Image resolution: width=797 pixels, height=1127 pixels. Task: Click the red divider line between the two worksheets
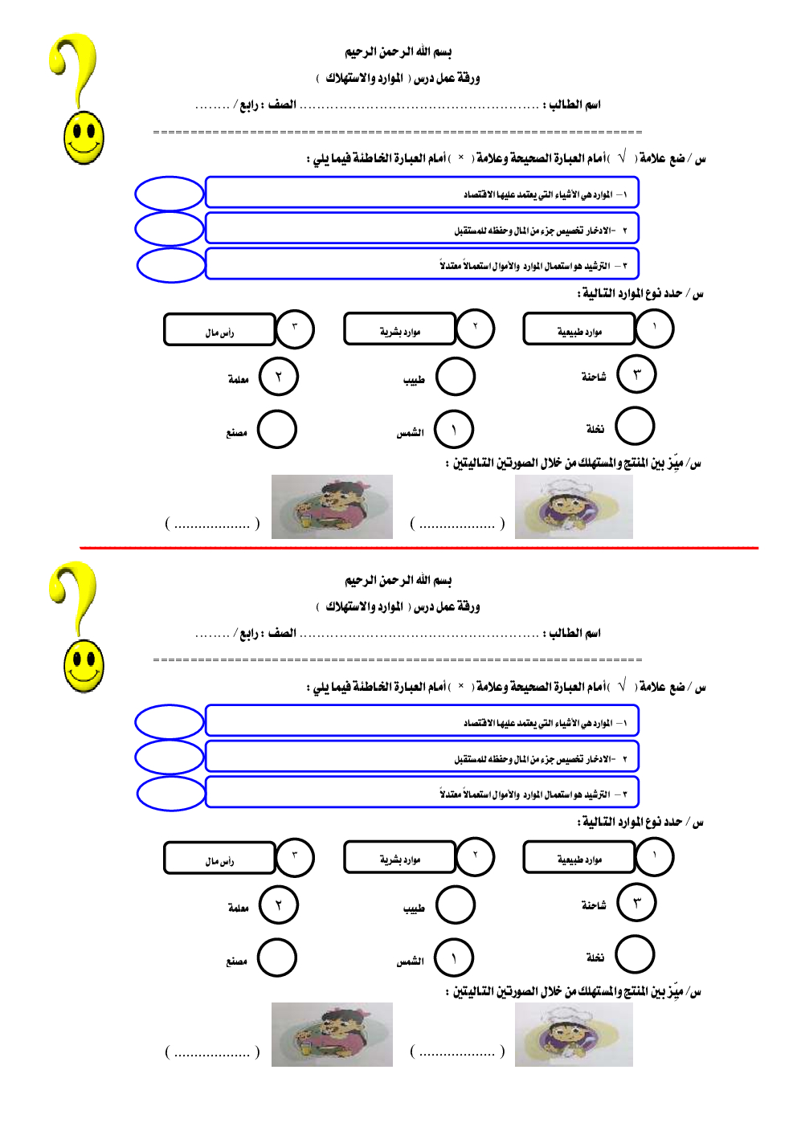click(418, 548)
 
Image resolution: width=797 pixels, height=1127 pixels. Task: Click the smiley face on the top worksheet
click(84, 137)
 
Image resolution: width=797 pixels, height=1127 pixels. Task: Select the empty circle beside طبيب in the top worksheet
click(456, 377)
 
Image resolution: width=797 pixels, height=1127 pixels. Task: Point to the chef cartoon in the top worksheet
click(573, 507)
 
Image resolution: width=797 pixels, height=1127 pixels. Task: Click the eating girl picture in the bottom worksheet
click(332, 1035)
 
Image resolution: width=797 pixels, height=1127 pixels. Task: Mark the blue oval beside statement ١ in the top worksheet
click(169, 194)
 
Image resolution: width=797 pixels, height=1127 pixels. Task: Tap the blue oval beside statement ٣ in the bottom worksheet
click(170, 794)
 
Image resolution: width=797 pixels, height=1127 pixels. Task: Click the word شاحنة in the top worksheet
click(594, 377)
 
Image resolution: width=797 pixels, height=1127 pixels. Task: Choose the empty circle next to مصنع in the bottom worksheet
click(277, 958)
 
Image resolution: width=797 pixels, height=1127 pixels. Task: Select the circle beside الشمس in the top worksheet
click(454, 430)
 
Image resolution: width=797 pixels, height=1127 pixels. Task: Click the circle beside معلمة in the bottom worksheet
click(279, 905)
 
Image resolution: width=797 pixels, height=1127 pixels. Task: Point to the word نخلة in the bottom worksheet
click(595, 958)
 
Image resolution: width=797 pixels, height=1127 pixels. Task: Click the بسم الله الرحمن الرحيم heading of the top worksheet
click(398, 52)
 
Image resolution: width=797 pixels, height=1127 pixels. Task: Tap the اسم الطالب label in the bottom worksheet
click(574, 633)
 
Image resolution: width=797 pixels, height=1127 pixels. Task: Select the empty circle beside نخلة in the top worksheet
click(635, 427)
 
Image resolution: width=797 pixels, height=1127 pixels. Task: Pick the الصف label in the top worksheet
click(282, 104)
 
